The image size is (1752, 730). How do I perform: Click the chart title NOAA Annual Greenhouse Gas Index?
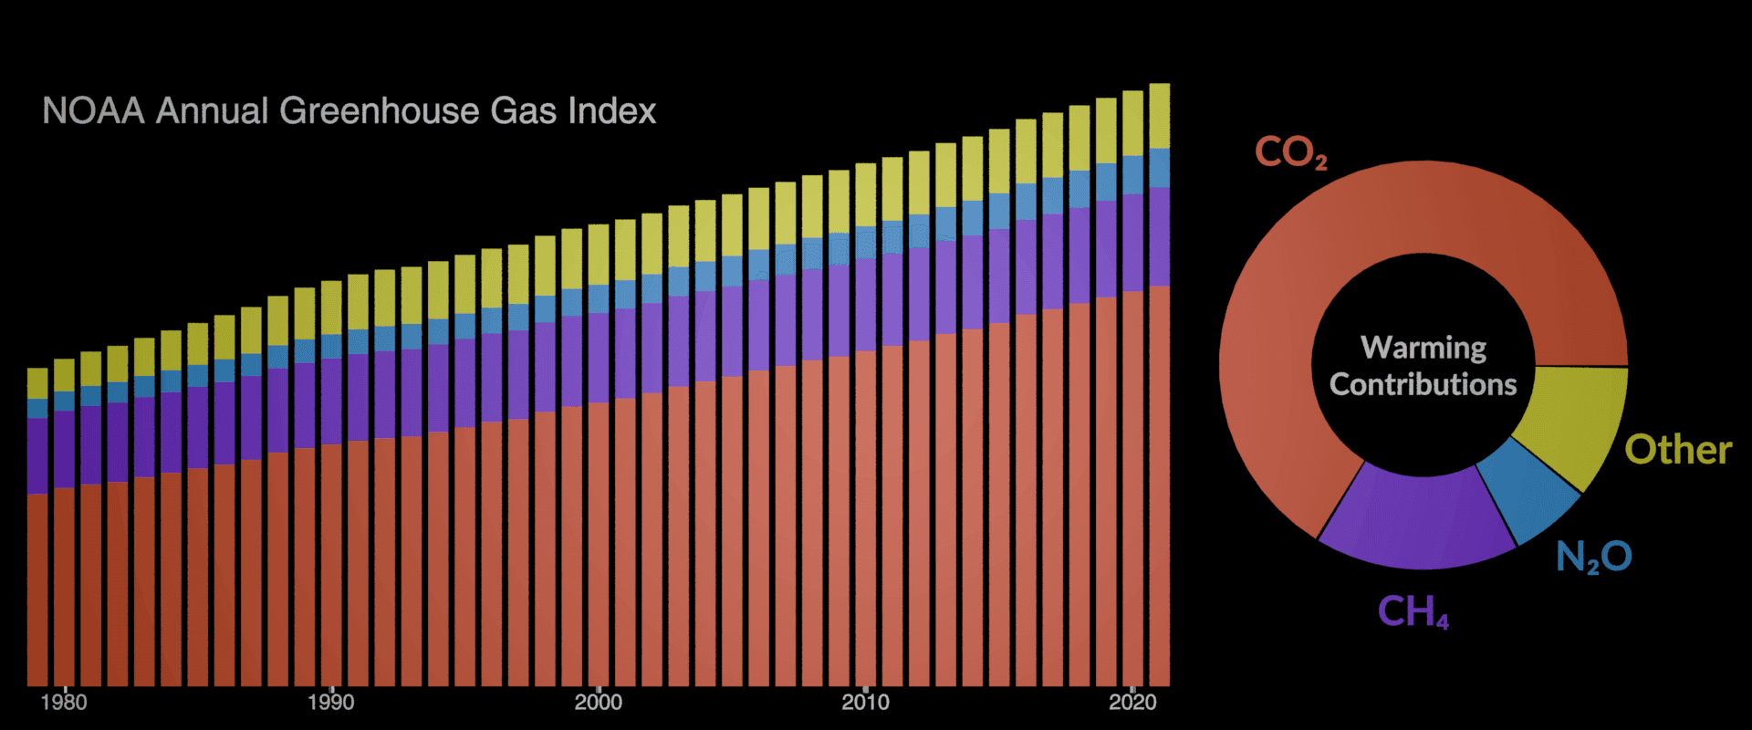[x=349, y=111]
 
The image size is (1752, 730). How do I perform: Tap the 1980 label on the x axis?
[x=64, y=702]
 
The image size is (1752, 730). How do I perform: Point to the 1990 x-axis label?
[x=330, y=702]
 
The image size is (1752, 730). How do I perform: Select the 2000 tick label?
[x=598, y=702]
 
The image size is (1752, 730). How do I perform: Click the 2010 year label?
[x=865, y=702]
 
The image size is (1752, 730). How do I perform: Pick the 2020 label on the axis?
[x=1132, y=702]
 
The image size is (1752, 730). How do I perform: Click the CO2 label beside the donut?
[x=1289, y=151]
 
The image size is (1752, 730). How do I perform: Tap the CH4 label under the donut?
[x=1412, y=611]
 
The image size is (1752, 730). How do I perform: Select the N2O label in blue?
[x=1593, y=557]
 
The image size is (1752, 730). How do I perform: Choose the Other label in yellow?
[x=1677, y=450]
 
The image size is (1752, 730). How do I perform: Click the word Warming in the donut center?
[x=1423, y=348]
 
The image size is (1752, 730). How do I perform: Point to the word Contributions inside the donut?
[x=1423, y=384]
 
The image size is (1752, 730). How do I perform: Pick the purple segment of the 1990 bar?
[x=330, y=401]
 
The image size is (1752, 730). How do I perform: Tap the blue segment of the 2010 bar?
[x=865, y=243]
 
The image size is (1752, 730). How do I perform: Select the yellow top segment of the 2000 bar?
[x=598, y=255]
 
